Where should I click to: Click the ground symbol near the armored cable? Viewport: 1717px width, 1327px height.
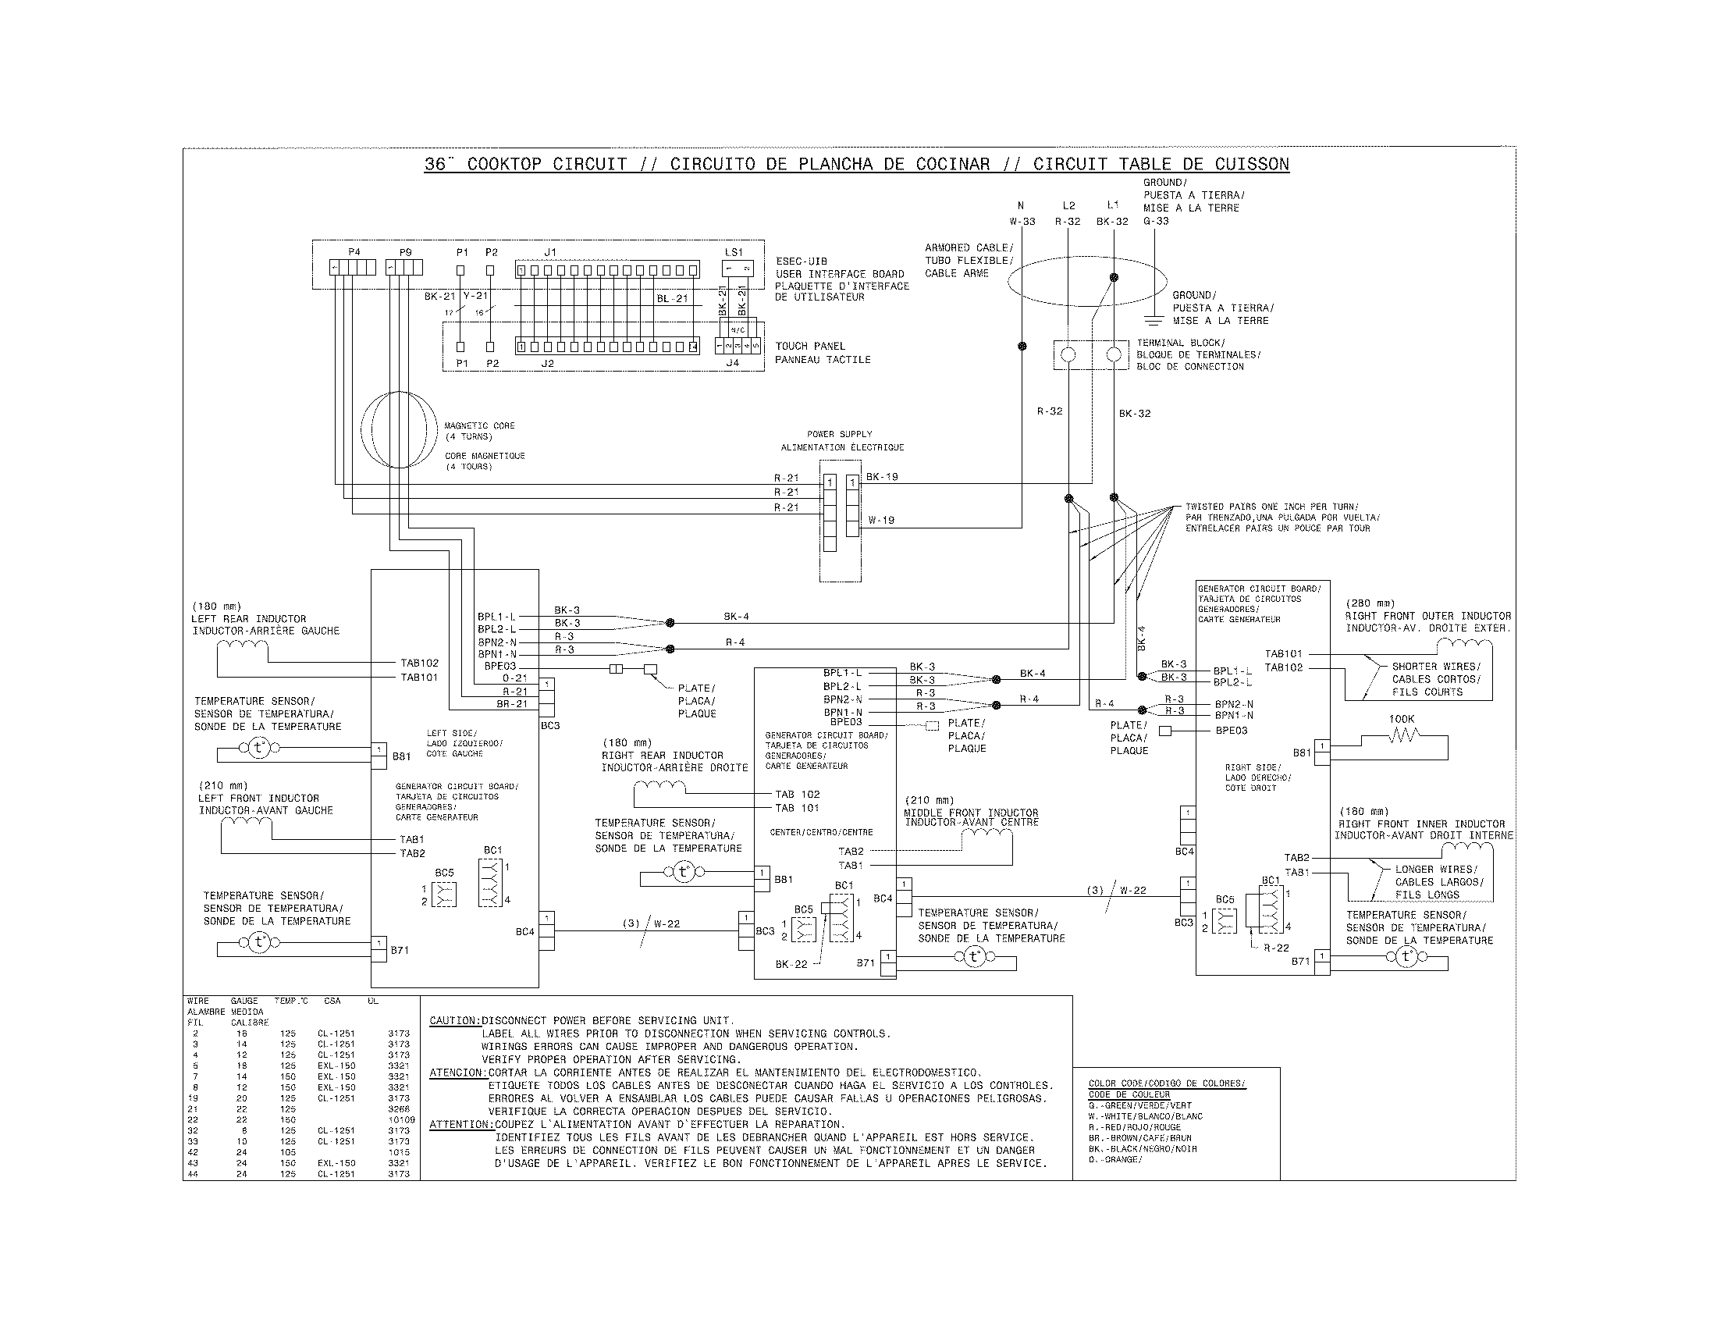(x=1154, y=318)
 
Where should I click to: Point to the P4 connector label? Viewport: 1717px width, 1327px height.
(x=354, y=252)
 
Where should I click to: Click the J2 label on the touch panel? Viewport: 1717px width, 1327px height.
(x=548, y=363)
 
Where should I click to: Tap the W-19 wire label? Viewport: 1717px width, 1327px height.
(x=881, y=520)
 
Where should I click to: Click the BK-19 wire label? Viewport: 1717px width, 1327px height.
(x=882, y=476)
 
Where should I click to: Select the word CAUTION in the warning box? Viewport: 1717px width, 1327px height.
(x=454, y=1020)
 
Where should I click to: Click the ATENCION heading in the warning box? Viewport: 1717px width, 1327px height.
(x=457, y=1073)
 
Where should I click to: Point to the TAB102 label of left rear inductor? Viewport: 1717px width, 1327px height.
(x=420, y=663)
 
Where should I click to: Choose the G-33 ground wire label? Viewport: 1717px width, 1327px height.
(x=1156, y=221)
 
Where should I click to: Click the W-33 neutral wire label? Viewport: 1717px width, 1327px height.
(x=1022, y=222)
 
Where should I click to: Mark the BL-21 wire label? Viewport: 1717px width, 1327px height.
(x=672, y=298)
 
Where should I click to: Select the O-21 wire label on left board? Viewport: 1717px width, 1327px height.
(x=515, y=678)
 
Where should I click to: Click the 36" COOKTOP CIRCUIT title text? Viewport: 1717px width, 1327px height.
(x=526, y=164)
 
